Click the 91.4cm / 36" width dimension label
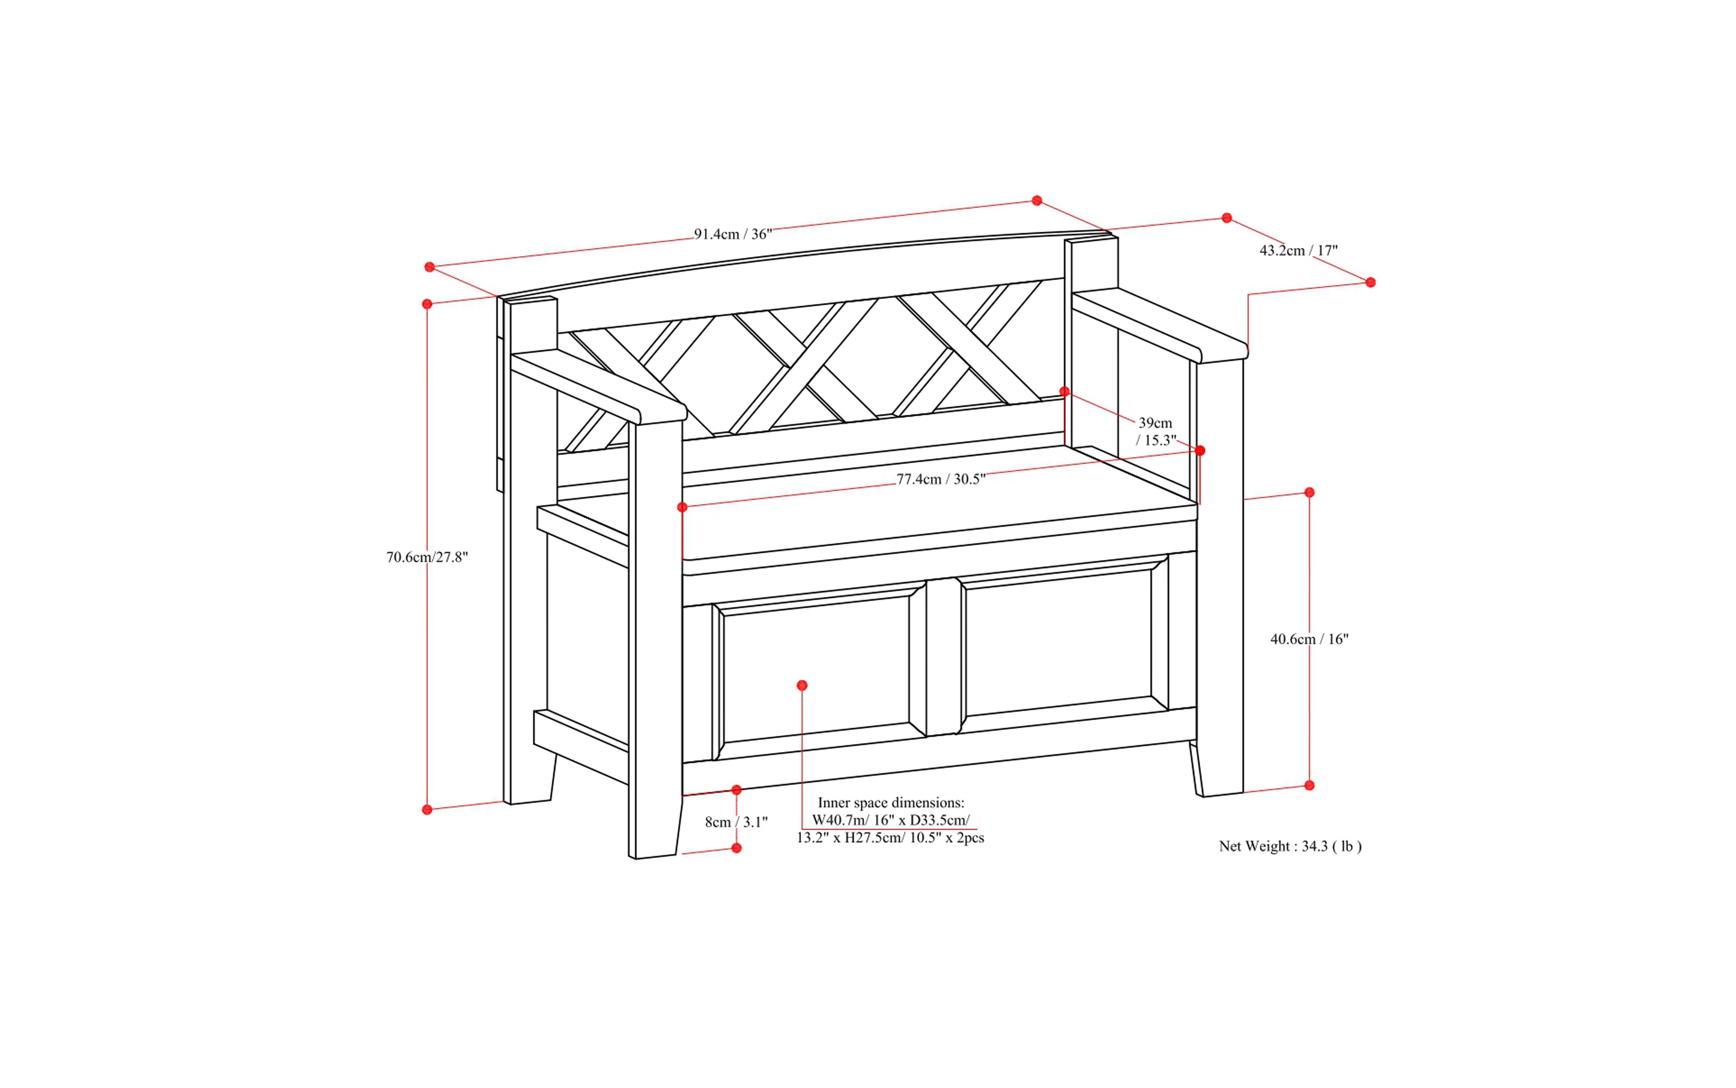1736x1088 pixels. (732, 234)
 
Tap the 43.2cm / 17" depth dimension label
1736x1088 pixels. (1298, 251)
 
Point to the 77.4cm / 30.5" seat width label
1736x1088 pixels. (941, 479)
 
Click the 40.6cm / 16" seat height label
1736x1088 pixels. (1309, 638)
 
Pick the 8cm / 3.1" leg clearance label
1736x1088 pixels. (736, 822)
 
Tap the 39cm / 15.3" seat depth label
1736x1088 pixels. (1155, 431)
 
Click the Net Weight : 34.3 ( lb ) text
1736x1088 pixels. (1290, 846)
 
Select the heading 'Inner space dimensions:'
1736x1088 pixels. (890, 802)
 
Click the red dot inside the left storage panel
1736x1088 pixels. (802, 685)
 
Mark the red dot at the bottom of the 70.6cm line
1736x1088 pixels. (427, 810)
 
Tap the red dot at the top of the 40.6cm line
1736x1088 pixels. (1309, 492)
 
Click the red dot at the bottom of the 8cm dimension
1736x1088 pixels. (736, 848)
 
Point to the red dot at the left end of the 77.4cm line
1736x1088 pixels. (682, 507)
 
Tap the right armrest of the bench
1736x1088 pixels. (1158, 324)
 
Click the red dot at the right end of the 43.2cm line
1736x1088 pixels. (1370, 282)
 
